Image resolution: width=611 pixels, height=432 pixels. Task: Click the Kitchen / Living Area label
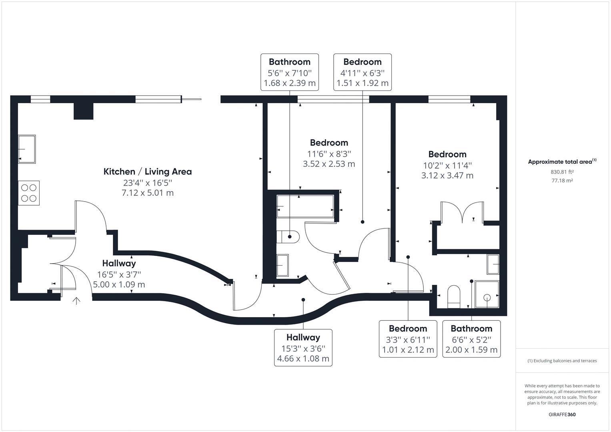[x=148, y=172]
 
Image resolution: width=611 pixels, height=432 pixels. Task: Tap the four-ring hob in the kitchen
[x=29, y=193]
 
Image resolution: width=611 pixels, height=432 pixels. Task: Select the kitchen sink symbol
[x=27, y=149]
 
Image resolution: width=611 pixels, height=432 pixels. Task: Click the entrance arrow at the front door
[x=76, y=301]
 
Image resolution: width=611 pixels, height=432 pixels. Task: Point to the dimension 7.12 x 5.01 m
[x=148, y=193]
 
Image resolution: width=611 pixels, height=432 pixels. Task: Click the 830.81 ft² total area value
[x=562, y=172]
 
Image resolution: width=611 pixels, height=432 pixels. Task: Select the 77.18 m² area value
[x=562, y=180]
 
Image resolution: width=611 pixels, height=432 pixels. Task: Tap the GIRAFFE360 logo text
[x=562, y=414]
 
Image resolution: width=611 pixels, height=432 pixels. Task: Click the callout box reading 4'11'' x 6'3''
[x=363, y=72]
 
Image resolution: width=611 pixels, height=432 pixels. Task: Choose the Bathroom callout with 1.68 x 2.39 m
[x=290, y=72]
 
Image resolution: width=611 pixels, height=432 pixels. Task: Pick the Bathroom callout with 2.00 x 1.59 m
[x=471, y=339]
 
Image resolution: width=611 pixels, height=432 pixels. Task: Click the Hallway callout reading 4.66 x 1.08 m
[x=303, y=348]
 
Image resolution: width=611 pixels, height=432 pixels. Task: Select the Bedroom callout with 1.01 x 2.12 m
[x=408, y=339]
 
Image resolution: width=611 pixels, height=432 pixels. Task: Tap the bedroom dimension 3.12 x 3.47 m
[x=447, y=175]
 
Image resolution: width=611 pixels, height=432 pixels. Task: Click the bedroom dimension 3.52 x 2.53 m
[x=329, y=164]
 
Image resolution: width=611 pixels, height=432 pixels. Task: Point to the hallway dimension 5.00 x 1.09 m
[x=119, y=284]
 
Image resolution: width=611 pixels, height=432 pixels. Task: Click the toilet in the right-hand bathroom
[x=454, y=296]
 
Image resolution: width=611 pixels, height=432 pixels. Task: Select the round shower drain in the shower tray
[x=487, y=297]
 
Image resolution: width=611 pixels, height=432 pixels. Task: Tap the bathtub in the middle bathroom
[x=305, y=206]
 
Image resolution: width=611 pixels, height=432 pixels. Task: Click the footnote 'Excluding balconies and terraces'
[x=562, y=361]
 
